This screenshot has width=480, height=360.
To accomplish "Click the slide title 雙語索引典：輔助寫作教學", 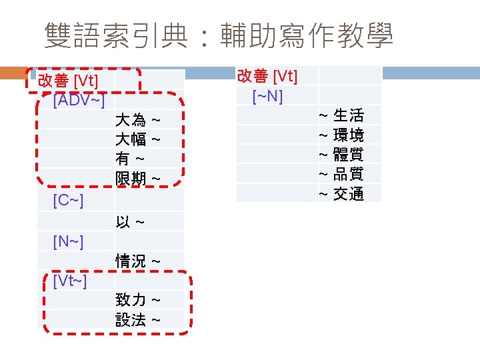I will point(218,36).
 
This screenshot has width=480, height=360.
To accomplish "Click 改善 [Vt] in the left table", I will point(68,81).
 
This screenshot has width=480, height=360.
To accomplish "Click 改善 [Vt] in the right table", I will point(267,76).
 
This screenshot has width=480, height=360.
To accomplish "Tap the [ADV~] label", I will point(78,101).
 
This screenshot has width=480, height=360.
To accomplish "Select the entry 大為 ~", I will point(137,120).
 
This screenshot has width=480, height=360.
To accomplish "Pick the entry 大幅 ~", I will point(137,139).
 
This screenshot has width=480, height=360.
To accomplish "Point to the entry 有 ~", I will point(130,159).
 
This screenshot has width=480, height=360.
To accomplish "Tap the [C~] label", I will point(68,200).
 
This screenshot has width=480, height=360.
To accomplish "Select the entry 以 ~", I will point(130,221).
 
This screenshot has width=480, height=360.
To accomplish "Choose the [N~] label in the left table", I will point(68,241).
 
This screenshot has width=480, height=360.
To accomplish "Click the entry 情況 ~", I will point(137,261).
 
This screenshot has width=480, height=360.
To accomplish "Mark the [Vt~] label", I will point(69,281).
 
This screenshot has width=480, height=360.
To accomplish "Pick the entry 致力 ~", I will point(137,300).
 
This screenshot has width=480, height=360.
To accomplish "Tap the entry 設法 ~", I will point(137,320).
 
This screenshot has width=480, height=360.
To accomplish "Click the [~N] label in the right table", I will point(268,96).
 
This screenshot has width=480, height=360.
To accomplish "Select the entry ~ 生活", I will point(341,115).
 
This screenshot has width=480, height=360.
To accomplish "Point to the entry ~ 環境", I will point(341,135).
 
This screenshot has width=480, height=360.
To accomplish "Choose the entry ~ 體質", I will point(341,155).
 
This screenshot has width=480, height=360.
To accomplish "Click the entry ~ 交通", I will point(341,194).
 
